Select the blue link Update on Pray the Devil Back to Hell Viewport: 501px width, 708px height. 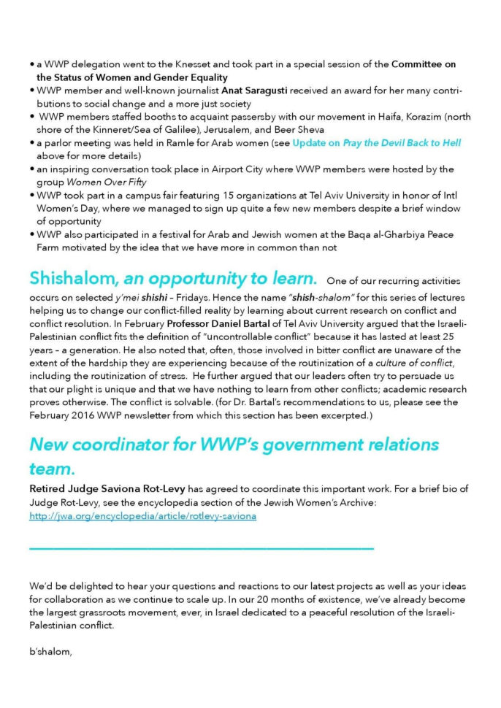[x=376, y=143]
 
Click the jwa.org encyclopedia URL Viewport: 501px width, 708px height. [x=142, y=516]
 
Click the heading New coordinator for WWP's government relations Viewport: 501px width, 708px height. [x=234, y=444]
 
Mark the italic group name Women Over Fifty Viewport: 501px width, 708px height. [x=88, y=182]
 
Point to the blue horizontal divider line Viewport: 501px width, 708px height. [x=202, y=547]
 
